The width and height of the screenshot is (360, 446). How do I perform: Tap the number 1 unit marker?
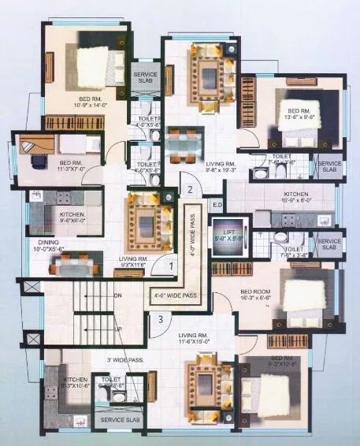171,267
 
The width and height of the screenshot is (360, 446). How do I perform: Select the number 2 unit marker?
190,189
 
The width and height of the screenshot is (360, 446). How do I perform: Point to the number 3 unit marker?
160,319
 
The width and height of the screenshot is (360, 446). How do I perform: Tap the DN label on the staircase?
118,295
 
